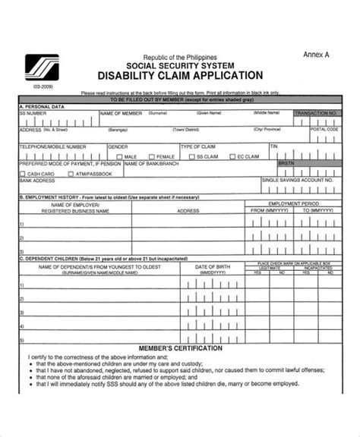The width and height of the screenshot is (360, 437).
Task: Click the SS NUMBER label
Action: (x=33, y=112)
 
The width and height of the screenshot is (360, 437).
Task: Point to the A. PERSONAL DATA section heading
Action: (x=41, y=105)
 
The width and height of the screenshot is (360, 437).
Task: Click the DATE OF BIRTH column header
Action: (x=212, y=268)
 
